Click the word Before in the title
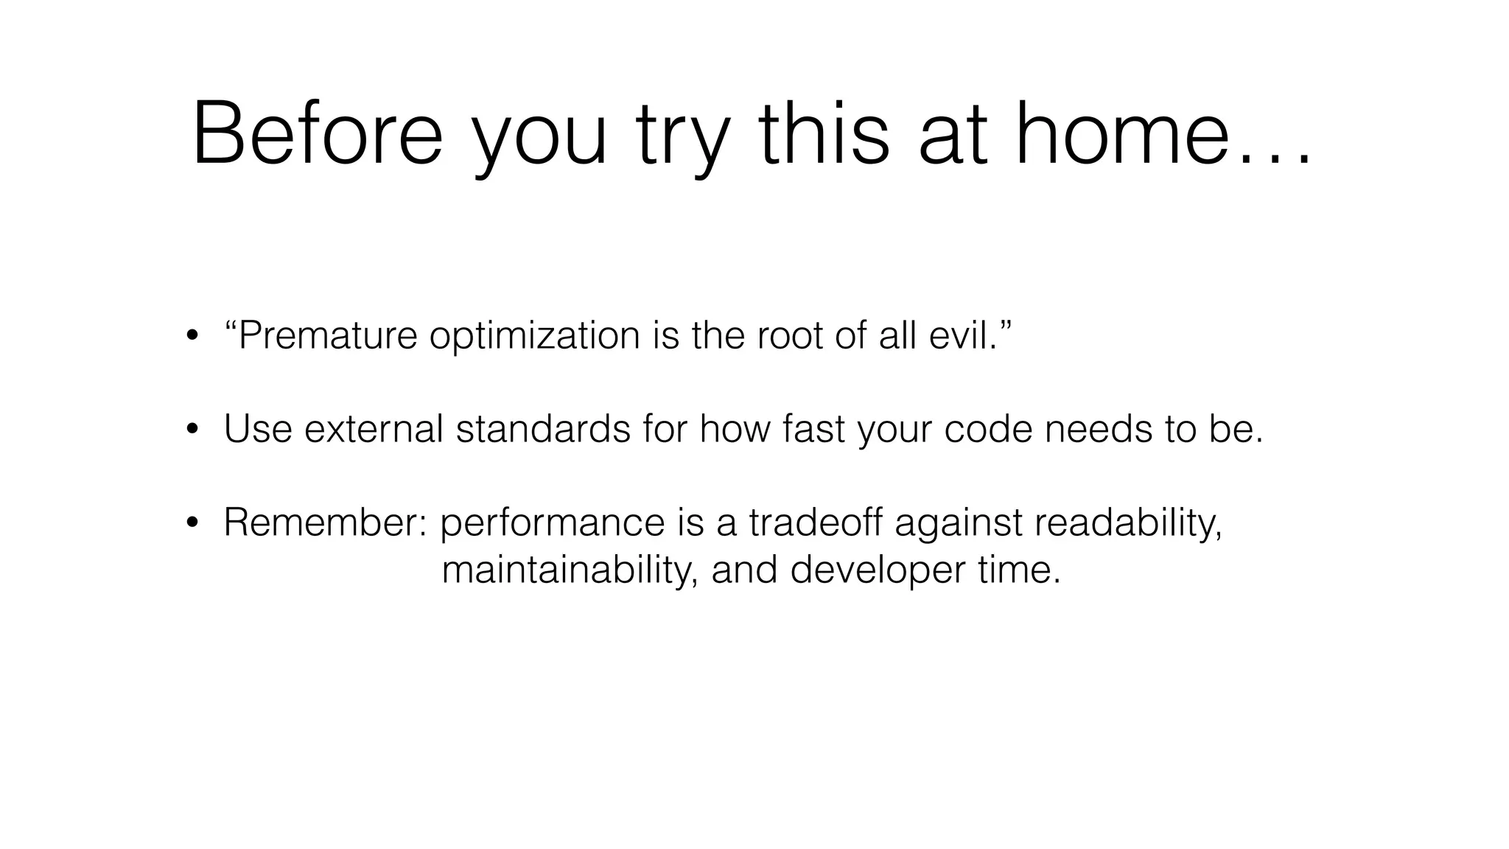pos(318,135)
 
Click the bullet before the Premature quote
pos(192,337)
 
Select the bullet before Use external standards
pos(192,430)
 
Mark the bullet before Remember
pos(192,523)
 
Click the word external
pos(374,429)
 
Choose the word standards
pos(543,429)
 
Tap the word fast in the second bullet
pos(813,429)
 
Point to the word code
pos(989,429)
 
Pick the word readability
pos(1128,524)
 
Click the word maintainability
pos(570,570)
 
